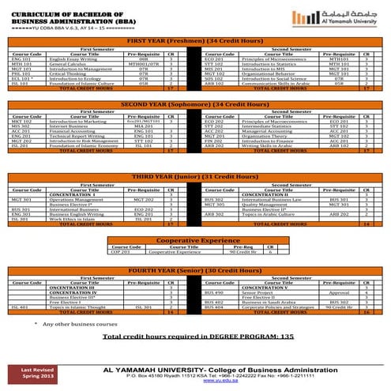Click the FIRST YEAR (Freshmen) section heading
pos(195,39)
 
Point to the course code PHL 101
pos(21,73)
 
